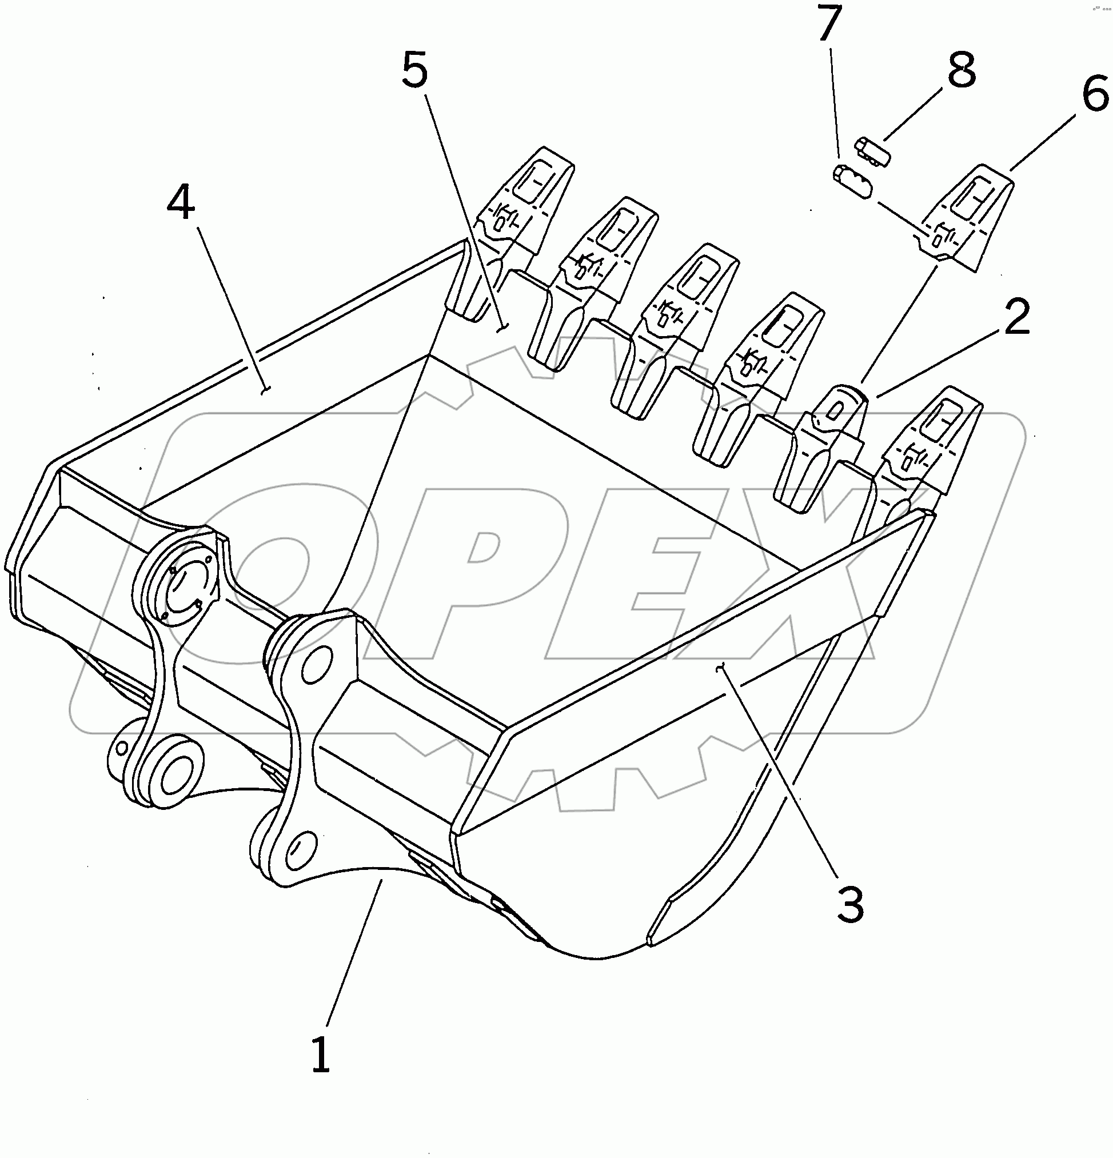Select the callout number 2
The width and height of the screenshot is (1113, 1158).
click(1016, 317)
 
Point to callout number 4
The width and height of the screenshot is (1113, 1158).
click(181, 202)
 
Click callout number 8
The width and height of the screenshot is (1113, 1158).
click(961, 70)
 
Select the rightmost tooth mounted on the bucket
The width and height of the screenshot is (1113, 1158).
click(931, 449)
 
